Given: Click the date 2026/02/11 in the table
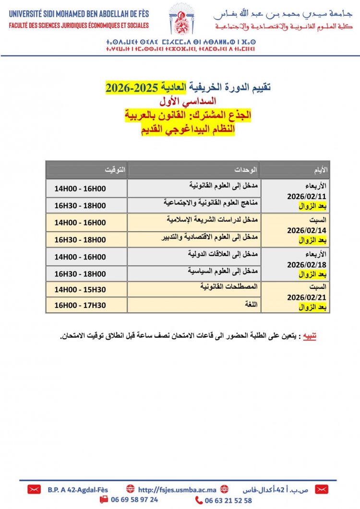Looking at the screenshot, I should (306, 196).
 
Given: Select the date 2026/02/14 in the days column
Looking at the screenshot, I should (306, 230).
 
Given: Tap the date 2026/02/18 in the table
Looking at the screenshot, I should (306, 264).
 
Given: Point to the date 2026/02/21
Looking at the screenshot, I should (306, 298).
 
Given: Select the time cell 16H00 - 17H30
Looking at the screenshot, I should (80, 305).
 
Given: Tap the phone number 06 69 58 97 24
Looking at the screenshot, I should (134, 499).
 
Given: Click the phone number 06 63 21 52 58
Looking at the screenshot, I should (228, 500).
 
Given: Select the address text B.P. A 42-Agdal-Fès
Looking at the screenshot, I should (77, 490).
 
